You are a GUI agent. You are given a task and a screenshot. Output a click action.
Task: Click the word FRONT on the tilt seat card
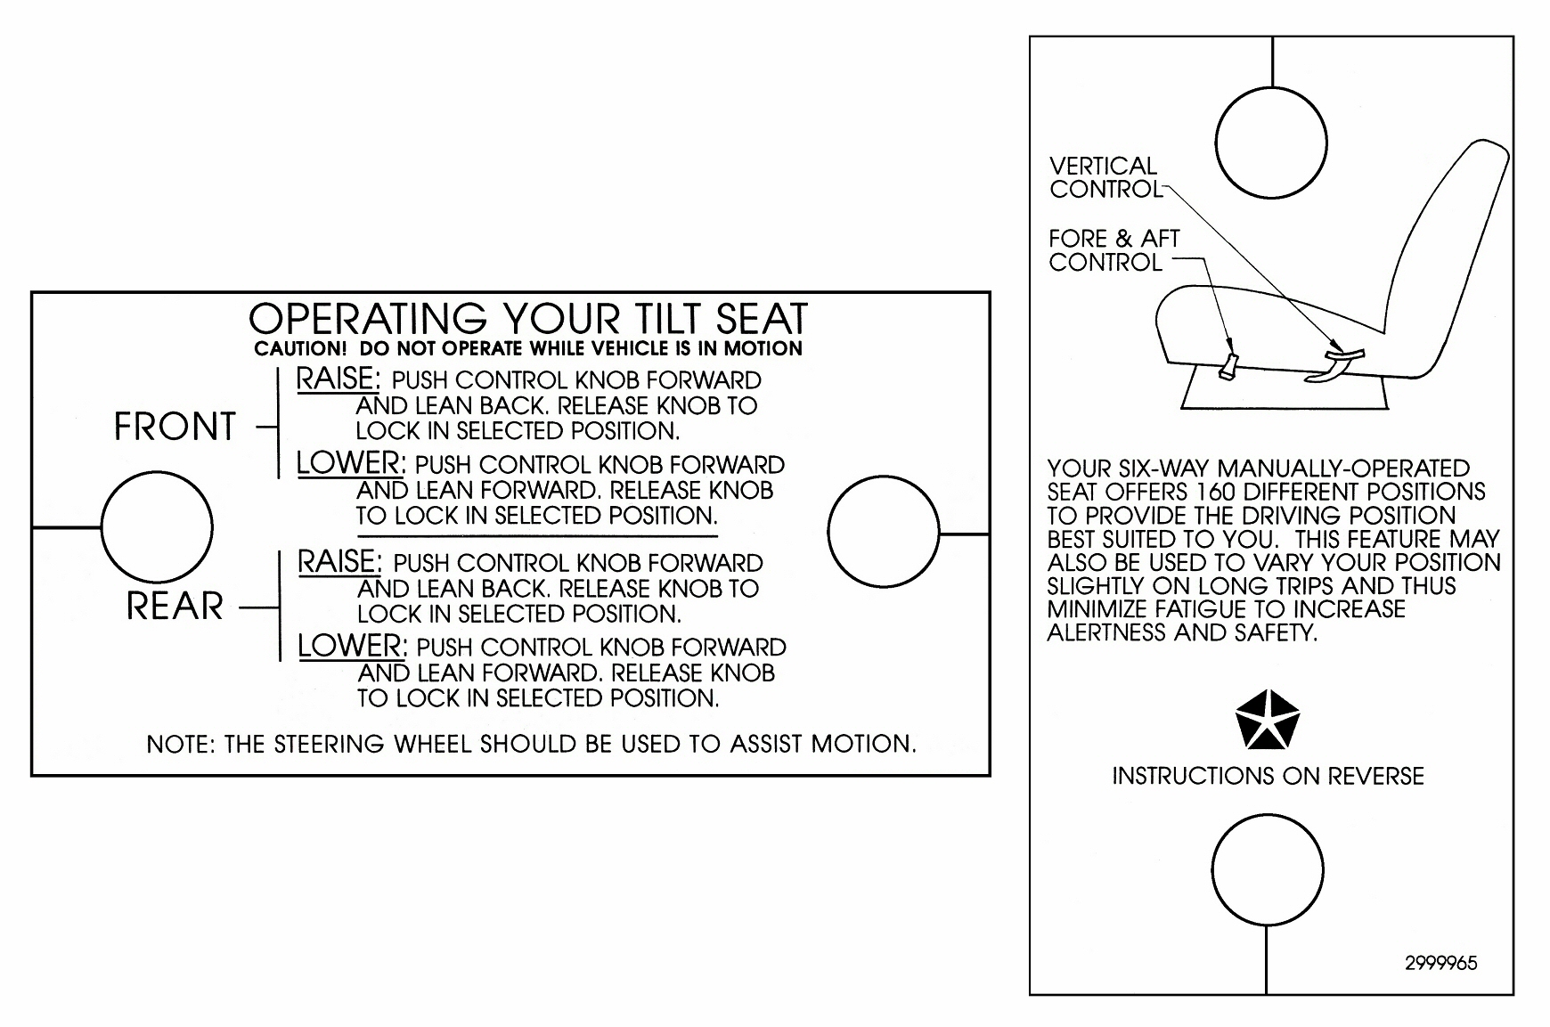pos(175,426)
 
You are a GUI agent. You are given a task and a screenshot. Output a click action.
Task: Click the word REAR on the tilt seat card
pos(175,606)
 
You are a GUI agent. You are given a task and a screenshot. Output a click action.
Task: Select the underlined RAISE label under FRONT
pos(338,379)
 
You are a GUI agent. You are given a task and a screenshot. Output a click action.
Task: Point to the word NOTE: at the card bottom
pos(181,744)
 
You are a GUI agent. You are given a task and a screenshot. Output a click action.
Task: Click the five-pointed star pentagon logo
pos(1268,721)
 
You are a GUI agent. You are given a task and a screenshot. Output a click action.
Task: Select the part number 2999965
pos(1441,963)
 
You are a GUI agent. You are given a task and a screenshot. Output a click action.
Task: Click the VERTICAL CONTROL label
pos(1105,177)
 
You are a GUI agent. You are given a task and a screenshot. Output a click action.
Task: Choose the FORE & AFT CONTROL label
pos(1114,250)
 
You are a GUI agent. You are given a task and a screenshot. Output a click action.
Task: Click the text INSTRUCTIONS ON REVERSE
pos(1268,776)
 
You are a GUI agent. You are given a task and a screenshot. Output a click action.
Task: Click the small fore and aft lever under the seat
pos(1228,364)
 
